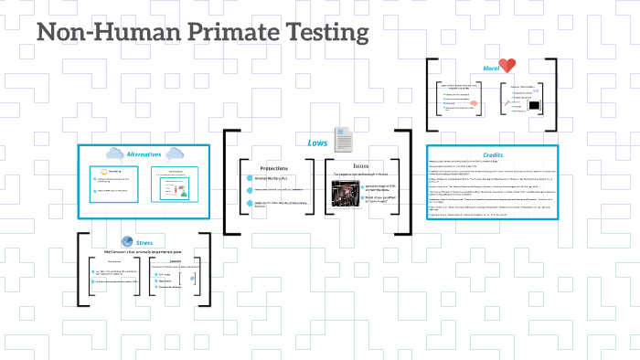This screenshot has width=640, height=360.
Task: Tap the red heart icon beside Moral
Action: (x=507, y=66)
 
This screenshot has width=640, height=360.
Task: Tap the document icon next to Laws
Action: (x=344, y=139)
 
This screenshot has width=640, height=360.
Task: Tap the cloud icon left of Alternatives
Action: (x=115, y=154)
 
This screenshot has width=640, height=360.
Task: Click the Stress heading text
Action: (x=144, y=243)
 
